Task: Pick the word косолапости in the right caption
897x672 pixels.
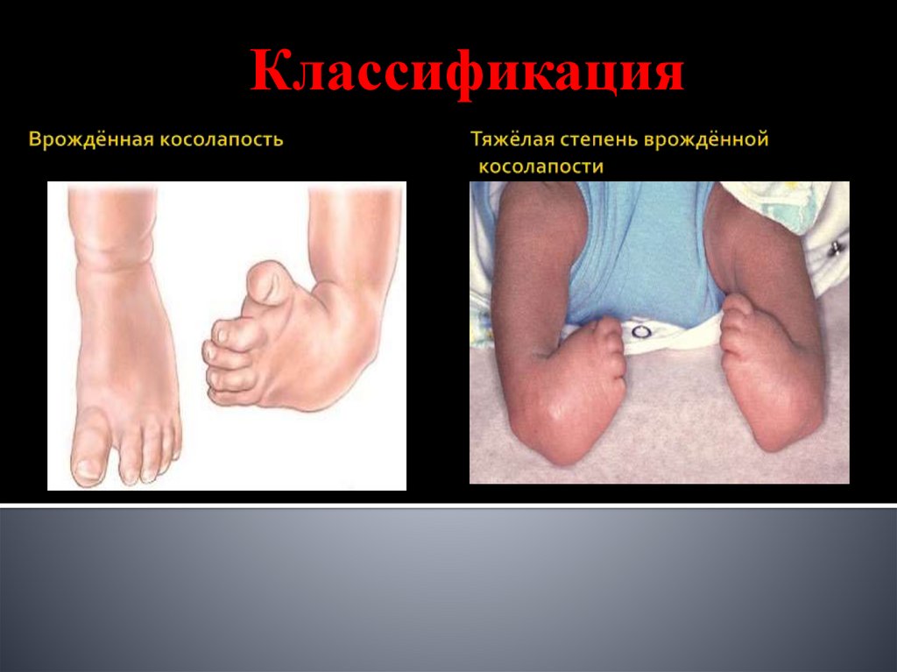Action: point(540,166)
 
